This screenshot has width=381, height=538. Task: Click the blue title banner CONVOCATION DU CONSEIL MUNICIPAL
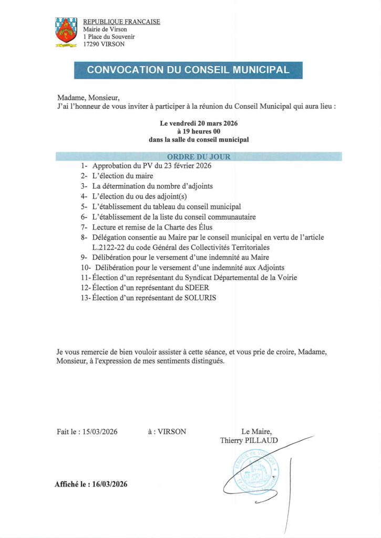[188, 70]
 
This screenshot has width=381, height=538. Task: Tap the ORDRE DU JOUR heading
[198, 157]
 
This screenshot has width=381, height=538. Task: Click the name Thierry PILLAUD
[249, 441]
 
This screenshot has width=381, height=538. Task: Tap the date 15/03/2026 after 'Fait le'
[100, 432]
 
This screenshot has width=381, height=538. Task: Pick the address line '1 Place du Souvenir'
[109, 37]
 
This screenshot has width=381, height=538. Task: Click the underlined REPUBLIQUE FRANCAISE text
[121, 22]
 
